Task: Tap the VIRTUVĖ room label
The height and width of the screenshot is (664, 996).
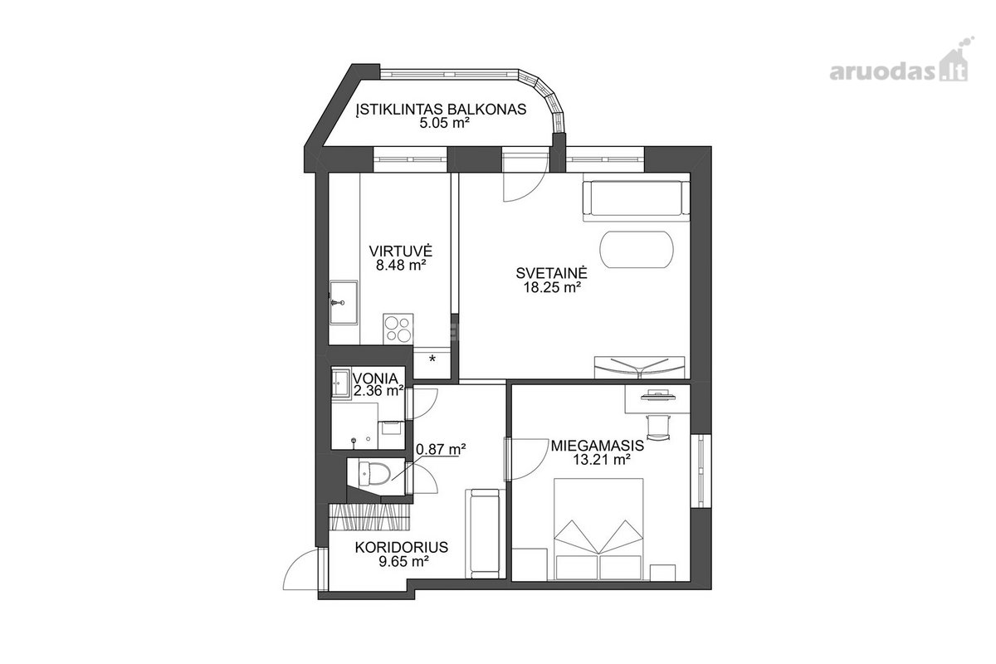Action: pyautogui.click(x=401, y=251)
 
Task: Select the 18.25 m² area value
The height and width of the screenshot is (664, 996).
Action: pyautogui.click(x=552, y=287)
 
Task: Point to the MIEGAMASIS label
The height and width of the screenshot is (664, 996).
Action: pyautogui.click(x=597, y=445)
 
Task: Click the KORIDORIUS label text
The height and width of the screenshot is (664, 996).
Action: pyautogui.click(x=402, y=547)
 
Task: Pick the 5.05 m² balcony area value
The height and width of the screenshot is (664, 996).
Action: pyautogui.click(x=445, y=123)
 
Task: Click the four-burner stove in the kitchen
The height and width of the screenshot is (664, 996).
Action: pyautogui.click(x=398, y=330)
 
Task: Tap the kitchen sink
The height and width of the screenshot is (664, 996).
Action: pyautogui.click(x=344, y=302)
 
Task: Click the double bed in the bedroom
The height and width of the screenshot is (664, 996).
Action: pyautogui.click(x=598, y=530)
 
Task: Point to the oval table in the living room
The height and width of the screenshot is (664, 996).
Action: pyautogui.click(x=637, y=249)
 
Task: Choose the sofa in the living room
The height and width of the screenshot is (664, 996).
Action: pyautogui.click(x=637, y=200)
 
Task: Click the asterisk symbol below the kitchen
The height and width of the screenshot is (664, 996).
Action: pyautogui.click(x=432, y=359)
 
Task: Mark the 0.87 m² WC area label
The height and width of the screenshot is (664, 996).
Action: pyautogui.click(x=440, y=449)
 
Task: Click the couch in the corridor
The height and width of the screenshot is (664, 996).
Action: pyautogui.click(x=485, y=534)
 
